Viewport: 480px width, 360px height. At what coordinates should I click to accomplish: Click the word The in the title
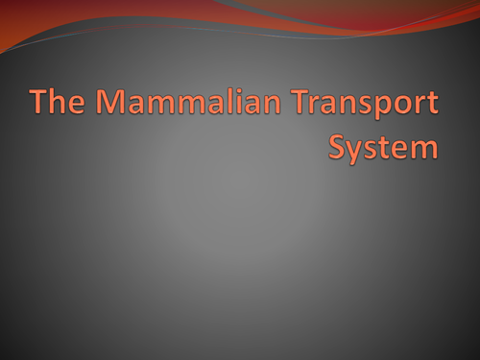click(54, 105)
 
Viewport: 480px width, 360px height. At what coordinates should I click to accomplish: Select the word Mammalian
click(179, 105)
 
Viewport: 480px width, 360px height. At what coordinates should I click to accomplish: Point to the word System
click(384, 148)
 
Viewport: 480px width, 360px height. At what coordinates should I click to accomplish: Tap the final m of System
click(422, 150)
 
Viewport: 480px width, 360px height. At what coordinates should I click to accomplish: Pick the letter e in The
click(72, 107)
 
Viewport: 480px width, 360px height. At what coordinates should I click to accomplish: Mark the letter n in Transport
click(343, 107)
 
